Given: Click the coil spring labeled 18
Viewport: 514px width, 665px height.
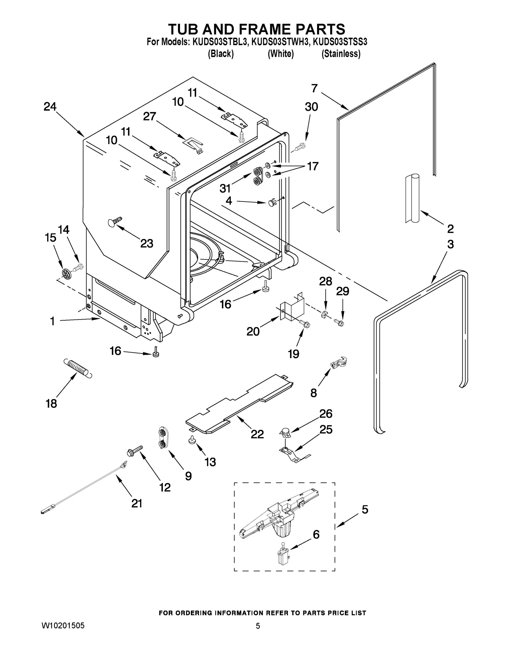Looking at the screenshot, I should (x=77, y=368).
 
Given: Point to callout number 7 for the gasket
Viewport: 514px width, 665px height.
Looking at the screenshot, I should (x=314, y=89).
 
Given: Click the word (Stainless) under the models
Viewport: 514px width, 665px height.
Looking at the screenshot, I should (x=341, y=54).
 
